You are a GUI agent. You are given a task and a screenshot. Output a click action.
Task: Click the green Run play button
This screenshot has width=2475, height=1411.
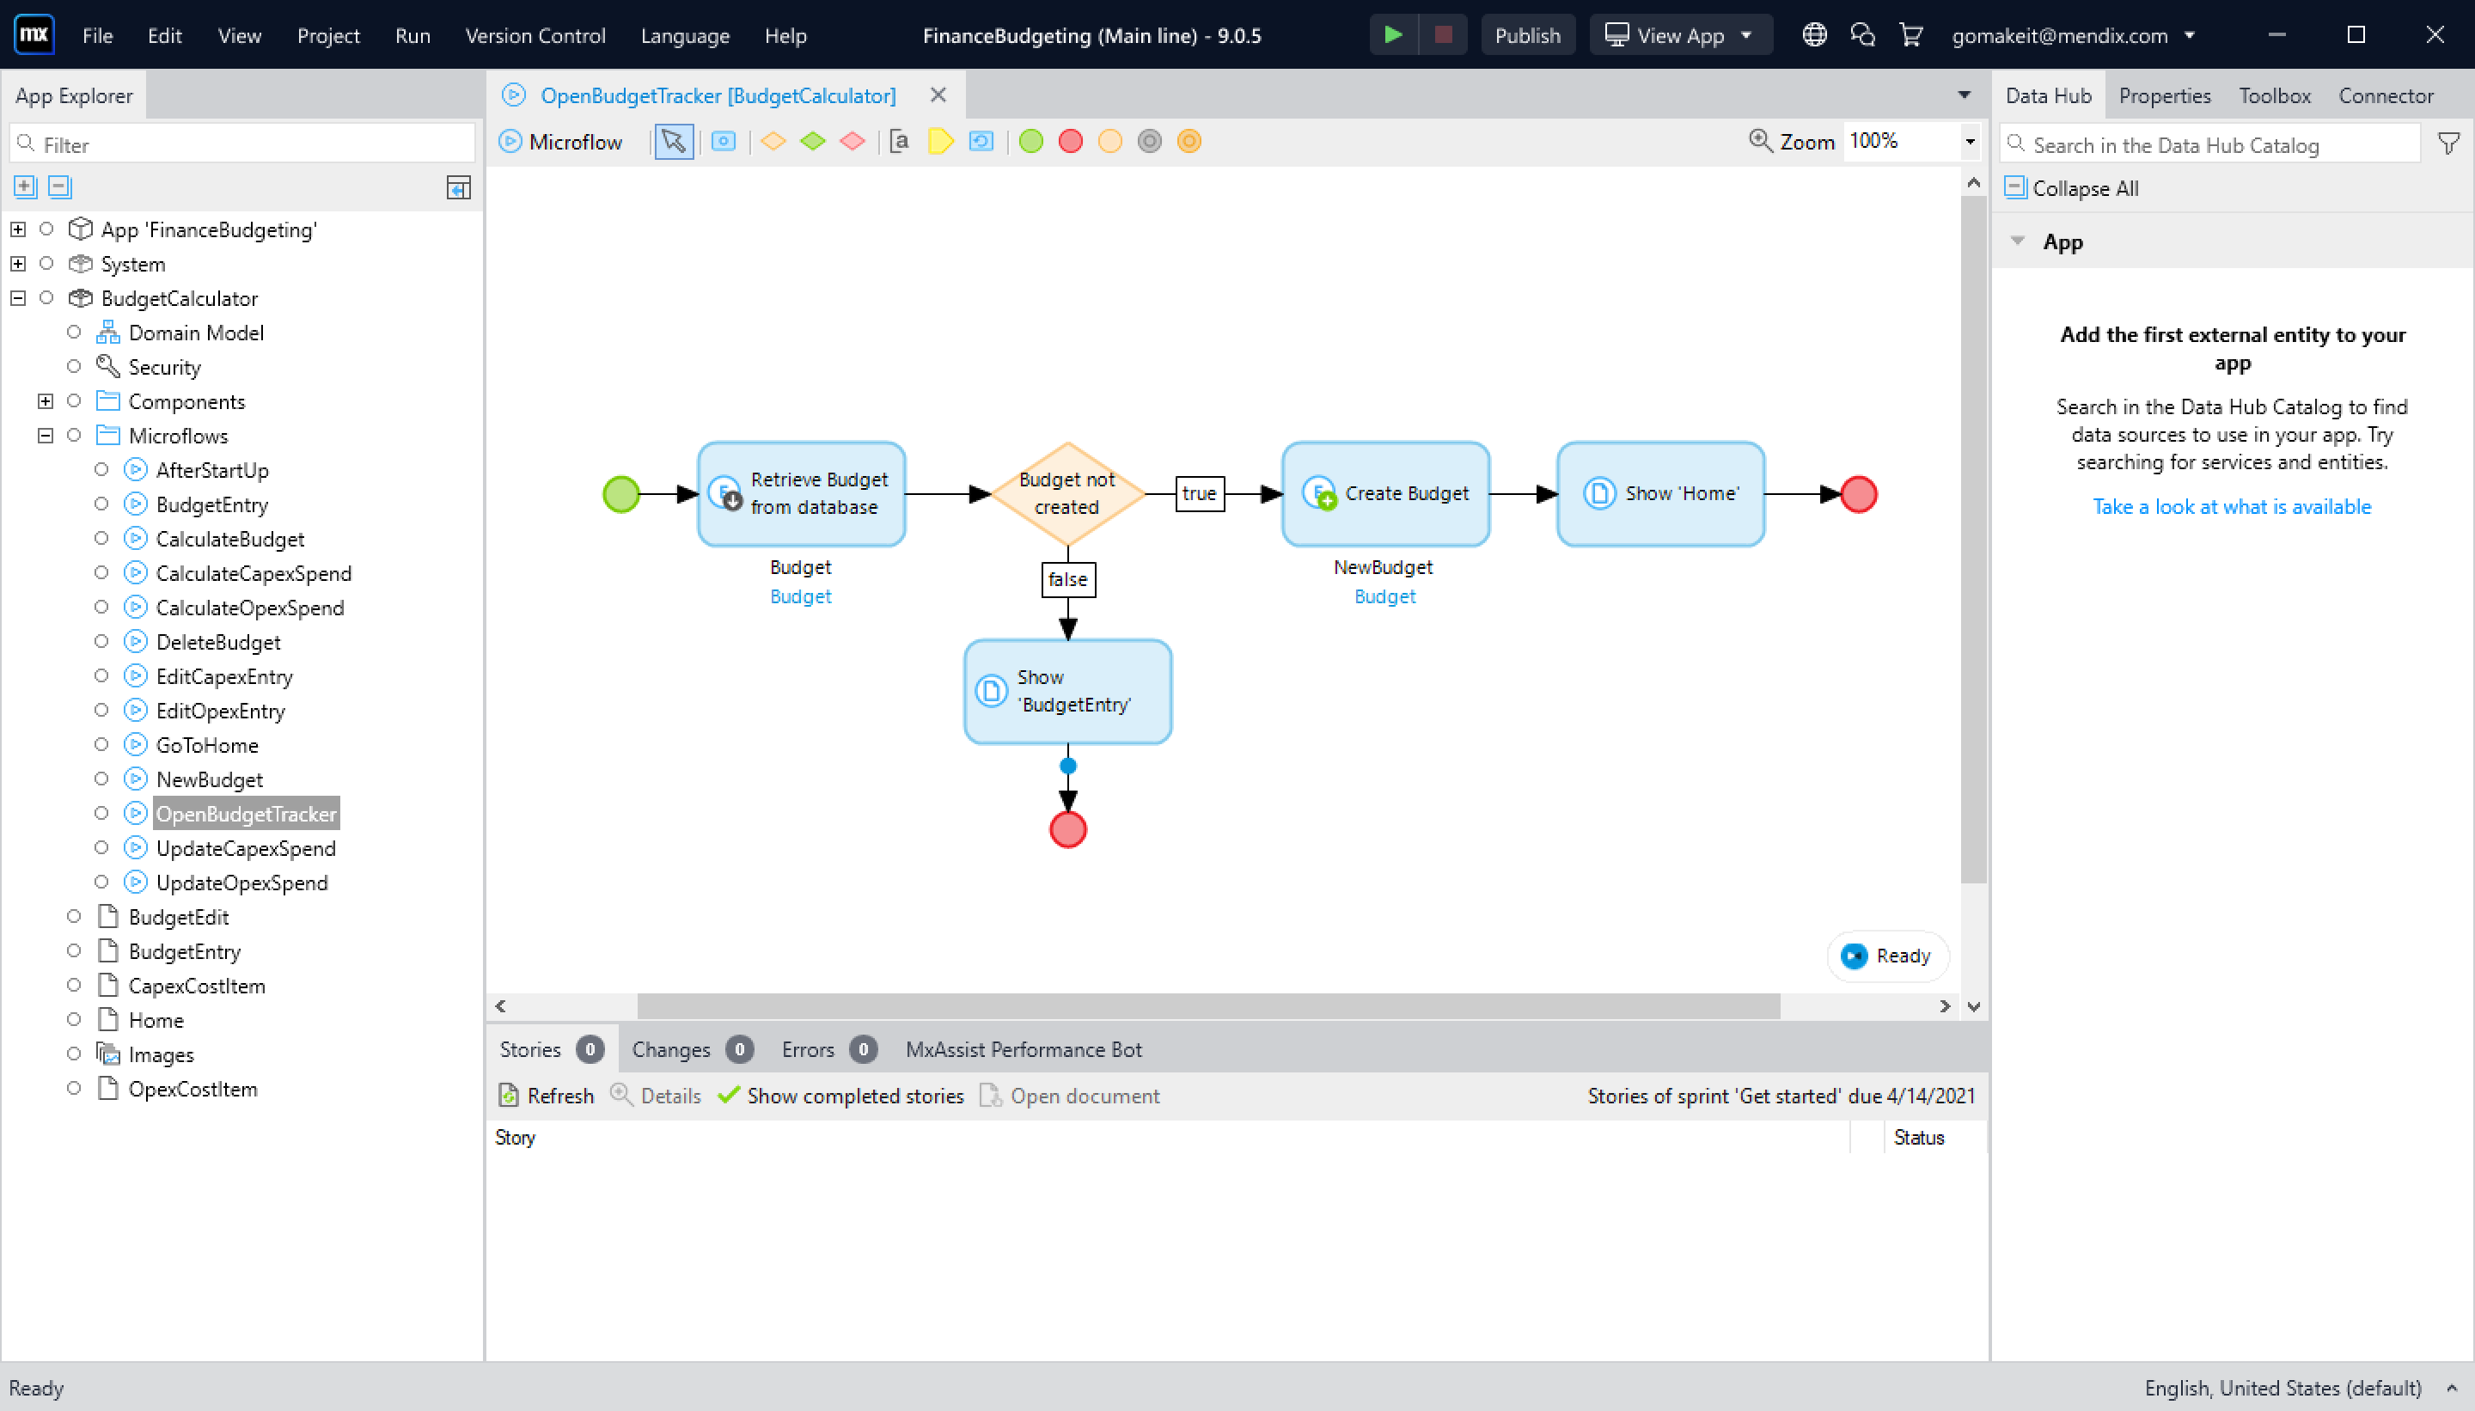pos(1392,36)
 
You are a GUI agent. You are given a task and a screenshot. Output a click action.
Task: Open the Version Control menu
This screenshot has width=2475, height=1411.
pos(535,36)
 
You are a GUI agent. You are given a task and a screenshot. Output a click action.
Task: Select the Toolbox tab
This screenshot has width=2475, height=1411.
pos(2273,96)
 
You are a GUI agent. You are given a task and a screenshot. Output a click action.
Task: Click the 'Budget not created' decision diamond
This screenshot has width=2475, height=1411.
pos(1067,494)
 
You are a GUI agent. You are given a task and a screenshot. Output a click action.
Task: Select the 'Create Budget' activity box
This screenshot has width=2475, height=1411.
pos(1384,494)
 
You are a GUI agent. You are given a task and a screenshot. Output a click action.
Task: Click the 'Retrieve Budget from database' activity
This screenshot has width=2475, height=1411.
pos(802,494)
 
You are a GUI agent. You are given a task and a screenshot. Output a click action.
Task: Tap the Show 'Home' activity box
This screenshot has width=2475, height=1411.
pos(1660,494)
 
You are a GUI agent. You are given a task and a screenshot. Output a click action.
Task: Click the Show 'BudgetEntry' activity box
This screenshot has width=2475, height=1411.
pos(1067,692)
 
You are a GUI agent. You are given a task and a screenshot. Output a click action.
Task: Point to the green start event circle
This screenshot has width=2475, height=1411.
pos(621,494)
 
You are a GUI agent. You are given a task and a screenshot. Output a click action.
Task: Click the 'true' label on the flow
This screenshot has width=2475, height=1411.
pos(1199,494)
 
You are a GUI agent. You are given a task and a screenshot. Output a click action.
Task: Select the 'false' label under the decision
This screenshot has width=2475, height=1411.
pos(1067,579)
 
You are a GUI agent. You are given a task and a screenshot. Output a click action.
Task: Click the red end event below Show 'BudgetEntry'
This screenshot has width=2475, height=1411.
pos(1067,830)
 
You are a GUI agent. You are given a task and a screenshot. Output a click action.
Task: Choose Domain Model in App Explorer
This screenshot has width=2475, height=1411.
pos(196,333)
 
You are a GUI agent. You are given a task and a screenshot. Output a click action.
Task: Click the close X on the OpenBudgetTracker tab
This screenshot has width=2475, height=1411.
pos(937,96)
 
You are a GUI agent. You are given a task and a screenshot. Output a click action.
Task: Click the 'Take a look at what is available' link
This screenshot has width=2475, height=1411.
pos(2231,507)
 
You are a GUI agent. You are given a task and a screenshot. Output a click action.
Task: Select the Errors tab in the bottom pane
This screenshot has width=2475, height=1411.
pos(807,1049)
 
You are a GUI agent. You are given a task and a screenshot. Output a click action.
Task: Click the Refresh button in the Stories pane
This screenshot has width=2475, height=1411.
pos(547,1096)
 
